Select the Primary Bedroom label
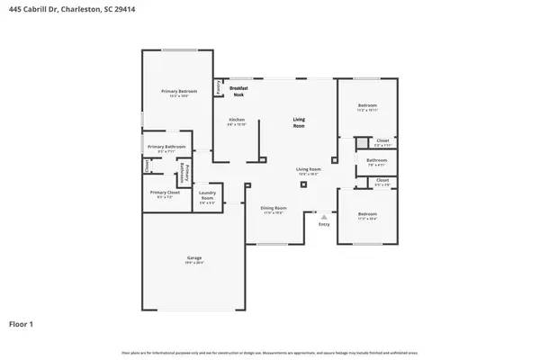[x=179, y=91]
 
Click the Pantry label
[x=219, y=87]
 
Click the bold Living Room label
[x=299, y=122]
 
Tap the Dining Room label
[x=274, y=208]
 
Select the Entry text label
[x=324, y=223]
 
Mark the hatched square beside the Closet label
[x=361, y=141]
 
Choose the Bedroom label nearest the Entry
[x=367, y=213]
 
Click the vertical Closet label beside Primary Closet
[x=147, y=166]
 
